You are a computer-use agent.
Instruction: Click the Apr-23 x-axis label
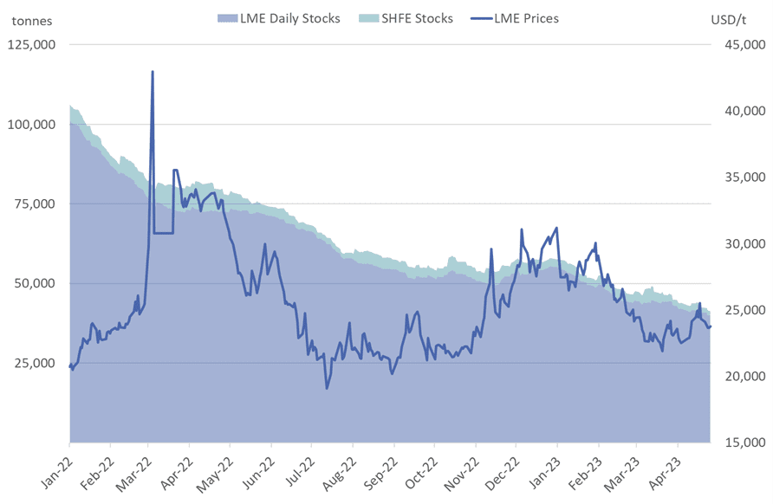[x=668, y=468]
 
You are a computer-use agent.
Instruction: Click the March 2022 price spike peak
[x=153, y=72]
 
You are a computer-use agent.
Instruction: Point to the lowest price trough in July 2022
[x=327, y=388]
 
